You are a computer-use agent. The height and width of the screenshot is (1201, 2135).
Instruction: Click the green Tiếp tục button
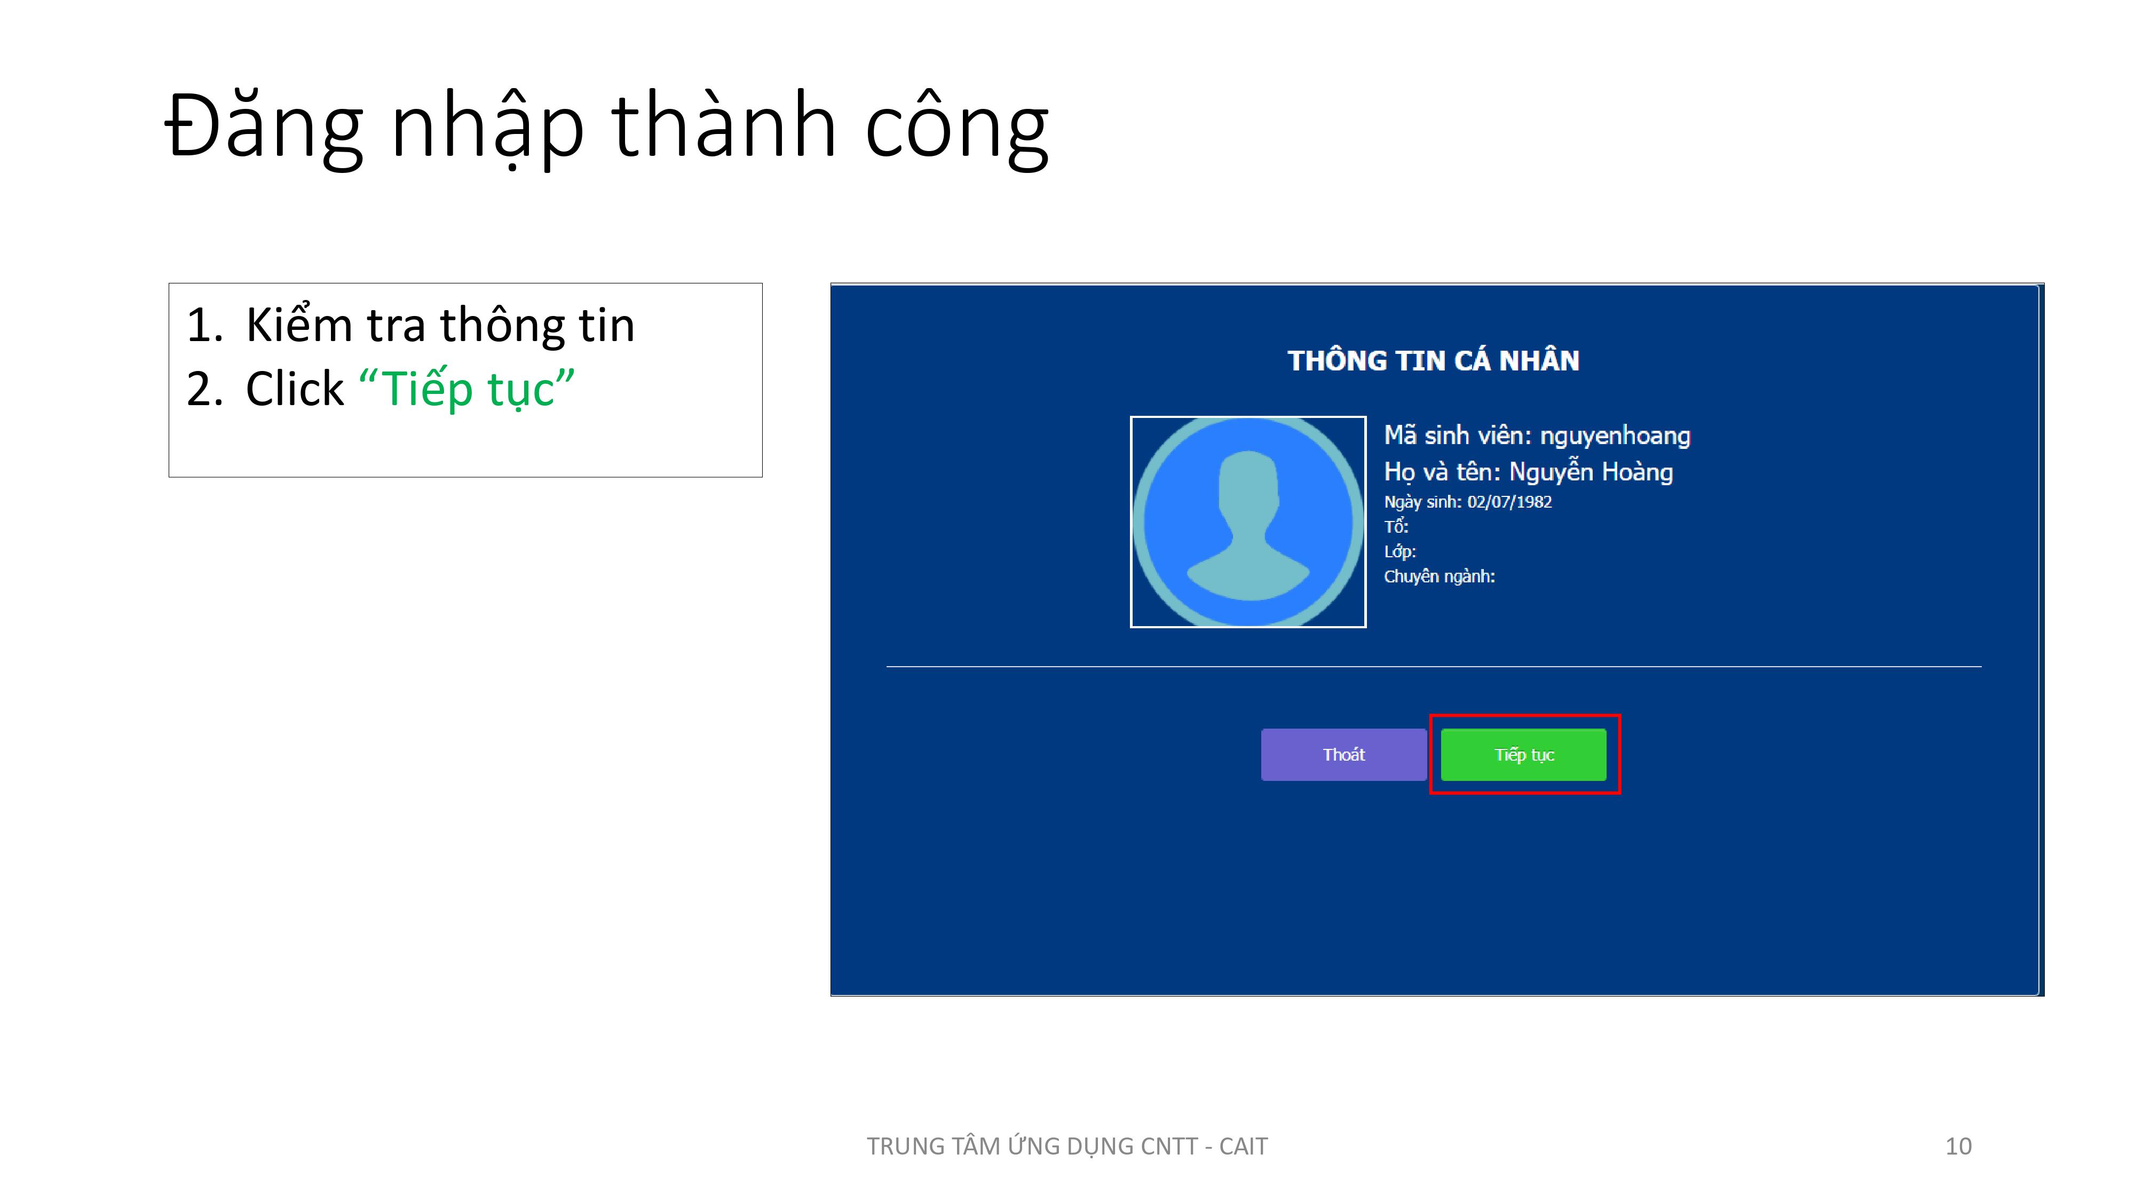point(1523,754)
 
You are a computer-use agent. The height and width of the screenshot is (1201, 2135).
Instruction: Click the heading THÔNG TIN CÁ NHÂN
point(1433,360)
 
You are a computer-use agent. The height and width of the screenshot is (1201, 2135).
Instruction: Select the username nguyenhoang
point(1615,437)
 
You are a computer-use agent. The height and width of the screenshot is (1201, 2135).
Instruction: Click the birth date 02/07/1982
point(1509,501)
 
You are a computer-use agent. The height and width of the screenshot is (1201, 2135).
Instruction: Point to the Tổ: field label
point(1396,526)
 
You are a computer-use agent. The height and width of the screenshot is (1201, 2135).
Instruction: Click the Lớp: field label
point(1400,551)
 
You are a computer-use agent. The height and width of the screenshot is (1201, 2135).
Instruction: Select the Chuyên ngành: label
point(1440,576)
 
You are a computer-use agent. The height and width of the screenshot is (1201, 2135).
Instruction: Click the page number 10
point(1958,1147)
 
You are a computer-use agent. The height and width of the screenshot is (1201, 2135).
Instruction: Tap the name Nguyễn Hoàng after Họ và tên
point(1591,472)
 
